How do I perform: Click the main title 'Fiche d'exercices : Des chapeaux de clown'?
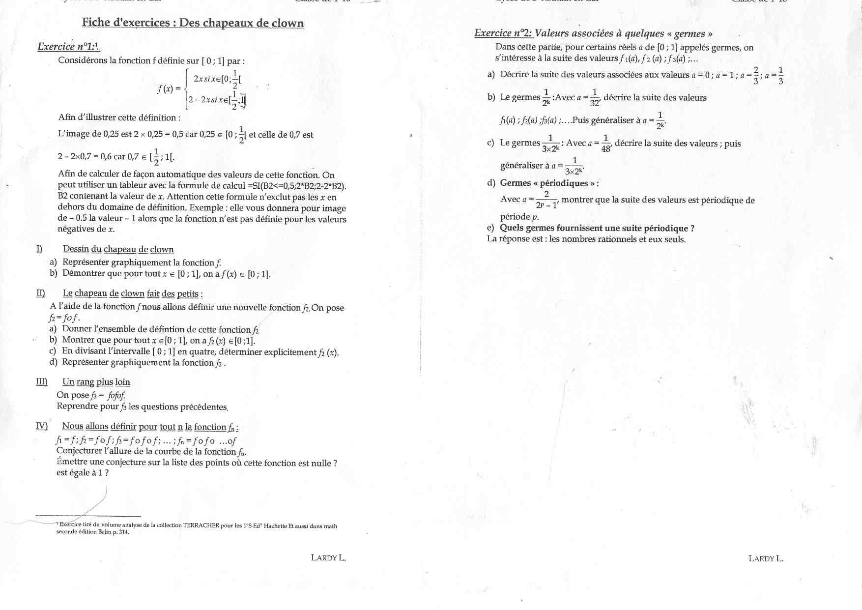pyautogui.click(x=193, y=23)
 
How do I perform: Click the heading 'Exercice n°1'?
pyautogui.click(x=68, y=47)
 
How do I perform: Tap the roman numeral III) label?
pyautogui.click(x=42, y=382)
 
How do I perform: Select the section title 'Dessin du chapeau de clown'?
pyautogui.click(x=118, y=249)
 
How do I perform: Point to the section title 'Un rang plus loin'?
pyautogui.click(x=96, y=382)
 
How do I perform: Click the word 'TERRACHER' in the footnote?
pyautogui.click(x=201, y=525)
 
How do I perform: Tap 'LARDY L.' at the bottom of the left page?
pyautogui.click(x=328, y=558)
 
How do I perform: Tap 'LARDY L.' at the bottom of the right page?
pyautogui.click(x=766, y=558)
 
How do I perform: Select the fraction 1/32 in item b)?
pyautogui.click(x=595, y=98)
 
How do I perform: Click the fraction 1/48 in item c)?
pyautogui.click(x=606, y=144)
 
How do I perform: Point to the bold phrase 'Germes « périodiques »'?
pyautogui.click(x=547, y=183)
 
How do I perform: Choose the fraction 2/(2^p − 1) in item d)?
pyautogui.click(x=546, y=200)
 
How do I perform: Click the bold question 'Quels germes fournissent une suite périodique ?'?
pyautogui.click(x=597, y=228)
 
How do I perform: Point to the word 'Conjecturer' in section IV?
pyautogui.click(x=78, y=451)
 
